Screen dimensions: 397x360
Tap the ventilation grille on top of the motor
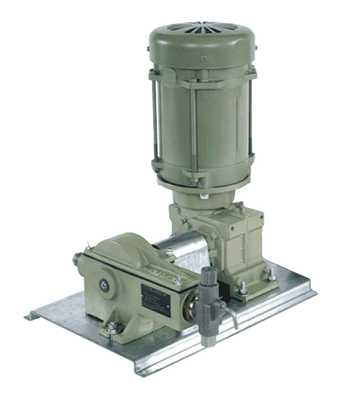pyautogui.click(x=199, y=28)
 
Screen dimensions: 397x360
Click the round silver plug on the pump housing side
pyautogui.click(x=104, y=285)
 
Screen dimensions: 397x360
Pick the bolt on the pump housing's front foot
pyautogui.click(x=114, y=327)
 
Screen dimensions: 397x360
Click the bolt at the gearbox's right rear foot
pyautogui.click(x=271, y=277)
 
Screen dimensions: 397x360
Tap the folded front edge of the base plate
pyautogui.click(x=199, y=361)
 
